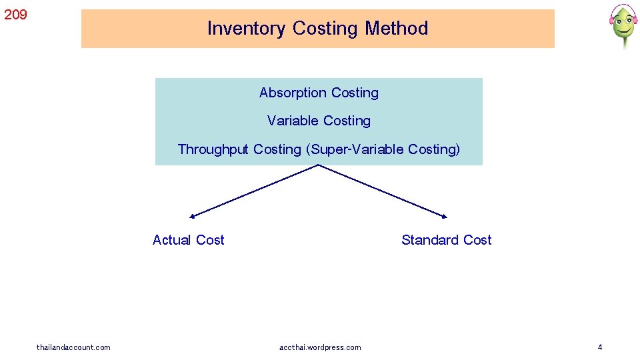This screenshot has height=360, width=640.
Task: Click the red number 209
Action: [15, 14]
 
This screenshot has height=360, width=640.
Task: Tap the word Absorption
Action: [293, 93]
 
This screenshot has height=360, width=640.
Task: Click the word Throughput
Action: [213, 149]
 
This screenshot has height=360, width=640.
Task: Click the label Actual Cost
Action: [188, 240]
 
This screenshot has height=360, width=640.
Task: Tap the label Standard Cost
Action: [446, 240]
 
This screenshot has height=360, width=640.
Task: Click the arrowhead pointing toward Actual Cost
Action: [192, 216]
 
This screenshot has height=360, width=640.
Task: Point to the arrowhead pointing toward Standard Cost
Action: [445, 216]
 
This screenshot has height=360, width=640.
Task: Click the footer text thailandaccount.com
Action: [73, 347]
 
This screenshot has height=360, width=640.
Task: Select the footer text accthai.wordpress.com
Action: [320, 347]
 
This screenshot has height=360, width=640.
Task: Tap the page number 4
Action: [600, 347]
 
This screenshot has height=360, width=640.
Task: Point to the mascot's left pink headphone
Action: [611, 20]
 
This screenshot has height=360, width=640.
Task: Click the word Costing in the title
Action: [325, 29]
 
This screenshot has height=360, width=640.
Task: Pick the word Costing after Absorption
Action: [355, 93]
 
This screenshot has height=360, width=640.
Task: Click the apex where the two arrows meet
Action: [319, 165]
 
